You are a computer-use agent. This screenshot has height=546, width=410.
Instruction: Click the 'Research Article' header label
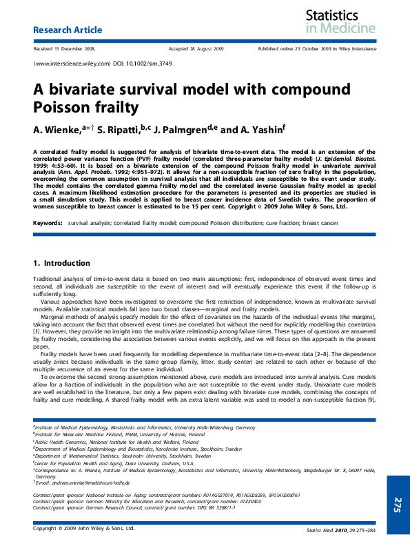click(68, 30)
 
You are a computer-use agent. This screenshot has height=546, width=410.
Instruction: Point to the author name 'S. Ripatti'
click(117, 129)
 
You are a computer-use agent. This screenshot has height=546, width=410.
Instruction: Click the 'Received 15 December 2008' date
click(64, 49)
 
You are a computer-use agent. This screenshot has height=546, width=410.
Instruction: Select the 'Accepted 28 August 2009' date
click(196, 49)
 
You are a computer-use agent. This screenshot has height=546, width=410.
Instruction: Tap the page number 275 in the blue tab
click(398, 504)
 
